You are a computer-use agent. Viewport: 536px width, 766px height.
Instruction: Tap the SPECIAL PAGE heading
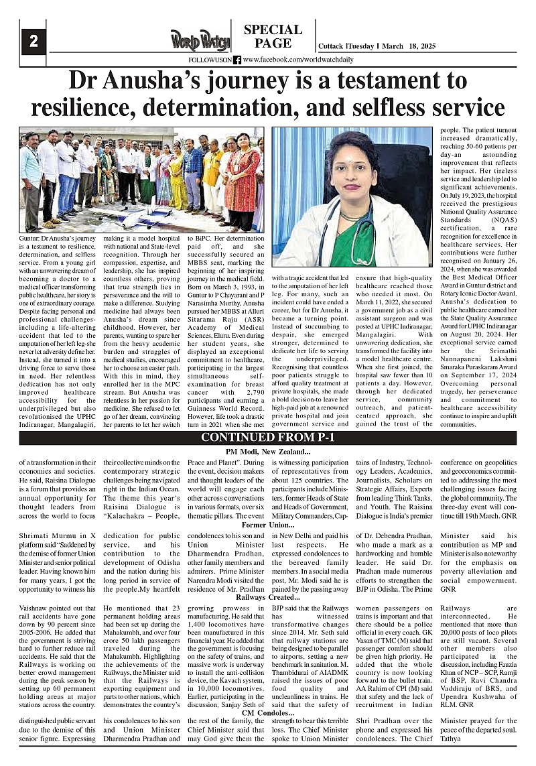[x=273, y=36]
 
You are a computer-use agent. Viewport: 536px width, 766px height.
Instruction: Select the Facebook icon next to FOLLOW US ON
[x=237, y=60]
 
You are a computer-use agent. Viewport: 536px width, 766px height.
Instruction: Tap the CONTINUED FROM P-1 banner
[x=268, y=439]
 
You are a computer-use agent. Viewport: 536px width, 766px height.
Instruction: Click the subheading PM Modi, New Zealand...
[x=268, y=453]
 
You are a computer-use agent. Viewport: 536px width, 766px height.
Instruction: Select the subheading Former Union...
[x=267, y=525]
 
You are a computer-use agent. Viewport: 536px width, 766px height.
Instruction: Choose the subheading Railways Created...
[x=267, y=596]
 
